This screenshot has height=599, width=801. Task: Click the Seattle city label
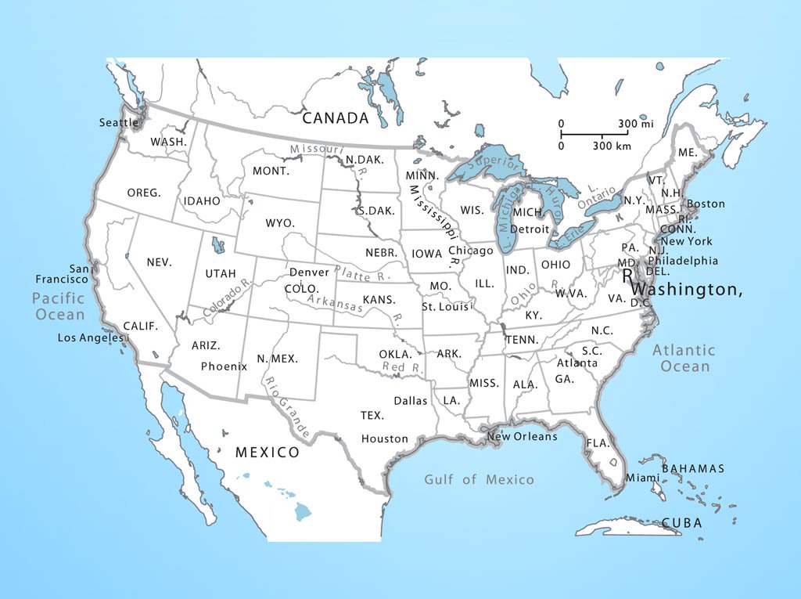[118, 123]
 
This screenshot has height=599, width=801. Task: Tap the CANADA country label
[335, 118]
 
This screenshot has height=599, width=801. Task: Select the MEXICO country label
[268, 453]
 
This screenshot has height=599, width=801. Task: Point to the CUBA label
[681, 523]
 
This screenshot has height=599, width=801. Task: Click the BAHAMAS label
[693, 469]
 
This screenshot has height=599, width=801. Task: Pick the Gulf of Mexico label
[479, 479]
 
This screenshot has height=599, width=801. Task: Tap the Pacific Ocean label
[58, 306]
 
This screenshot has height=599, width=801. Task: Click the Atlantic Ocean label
[684, 358]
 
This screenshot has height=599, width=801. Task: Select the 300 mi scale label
[635, 124]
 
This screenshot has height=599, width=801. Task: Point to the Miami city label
[642, 478]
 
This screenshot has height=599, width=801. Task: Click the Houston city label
[385, 439]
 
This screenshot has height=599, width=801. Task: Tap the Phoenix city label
[224, 366]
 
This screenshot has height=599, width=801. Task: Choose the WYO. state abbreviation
[280, 223]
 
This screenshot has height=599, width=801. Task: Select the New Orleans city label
[522, 436]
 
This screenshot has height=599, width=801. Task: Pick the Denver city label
[310, 272]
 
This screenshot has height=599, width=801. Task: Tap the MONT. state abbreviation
[271, 171]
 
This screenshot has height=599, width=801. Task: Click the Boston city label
[706, 204]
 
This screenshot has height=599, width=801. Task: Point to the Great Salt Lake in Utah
[218, 245]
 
